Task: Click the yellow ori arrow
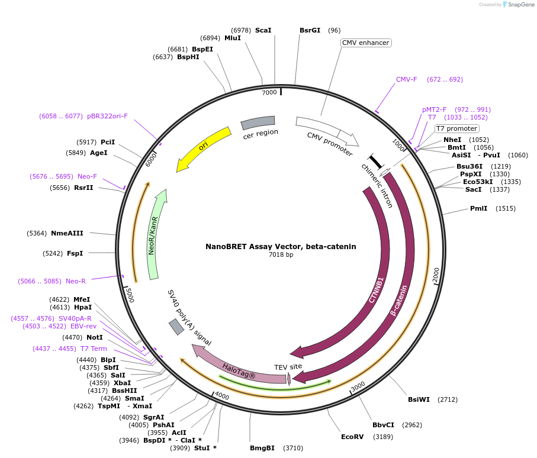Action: pyautogui.click(x=204, y=147)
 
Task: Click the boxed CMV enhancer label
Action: pyautogui.click(x=366, y=43)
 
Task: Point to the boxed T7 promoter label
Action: pyautogui.click(x=456, y=128)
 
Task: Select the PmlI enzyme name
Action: pyautogui.click(x=478, y=208)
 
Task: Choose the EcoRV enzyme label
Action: pyautogui.click(x=352, y=437)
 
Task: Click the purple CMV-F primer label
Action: pyautogui.click(x=407, y=79)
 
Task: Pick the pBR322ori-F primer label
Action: pyautogui.click(x=107, y=116)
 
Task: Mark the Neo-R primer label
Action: pyautogui.click(x=76, y=281)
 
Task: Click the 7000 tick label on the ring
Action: pyautogui.click(x=269, y=92)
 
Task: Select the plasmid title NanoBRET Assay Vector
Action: pyautogui.click(x=281, y=246)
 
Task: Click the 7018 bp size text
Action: pyautogui.click(x=281, y=255)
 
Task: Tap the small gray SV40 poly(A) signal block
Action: pyautogui.click(x=176, y=327)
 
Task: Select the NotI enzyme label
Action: pyautogui.click(x=94, y=337)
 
